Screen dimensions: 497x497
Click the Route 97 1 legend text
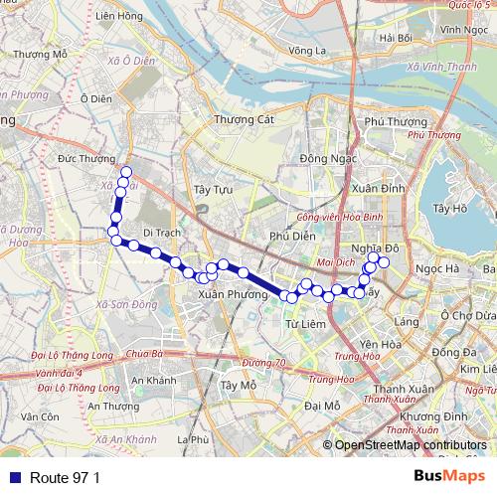click(x=66, y=478)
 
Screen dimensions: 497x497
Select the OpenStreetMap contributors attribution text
click(x=411, y=445)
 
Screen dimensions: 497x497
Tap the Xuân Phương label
click(x=234, y=294)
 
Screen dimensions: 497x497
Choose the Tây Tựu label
click(x=212, y=189)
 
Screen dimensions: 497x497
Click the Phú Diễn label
click(x=291, y=236)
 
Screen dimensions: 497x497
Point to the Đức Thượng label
click(x=82, y=158)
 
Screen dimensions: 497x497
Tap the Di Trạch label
click(x=161, y=232)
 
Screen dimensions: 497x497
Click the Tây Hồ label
click(x=450, y=208)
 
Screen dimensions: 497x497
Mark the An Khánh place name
click(x=153, y=381)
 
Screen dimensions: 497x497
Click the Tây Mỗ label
click(x=240, y=385)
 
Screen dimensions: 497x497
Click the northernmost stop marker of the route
click(x=125, y=172)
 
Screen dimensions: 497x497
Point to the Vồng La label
click(x=300, y=49)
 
